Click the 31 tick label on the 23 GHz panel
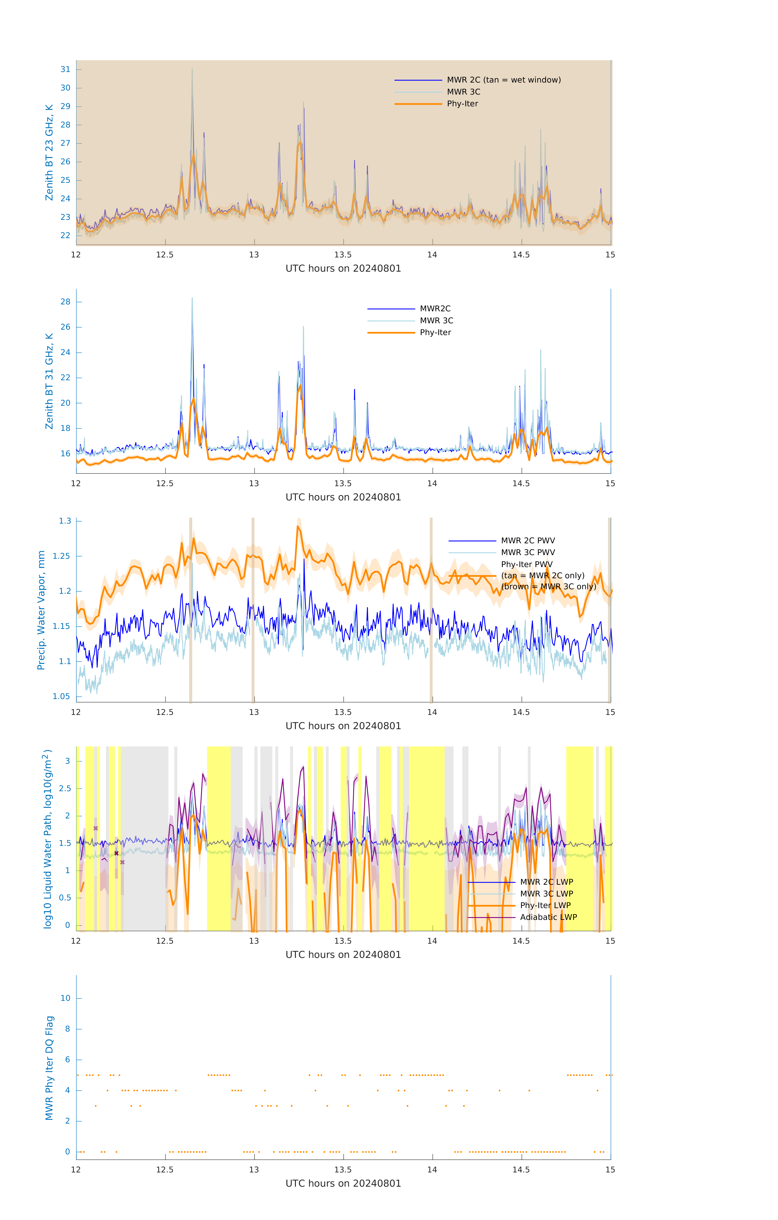[65, 69]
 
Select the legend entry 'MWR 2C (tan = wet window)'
[503, 80]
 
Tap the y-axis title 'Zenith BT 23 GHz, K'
[49, 152]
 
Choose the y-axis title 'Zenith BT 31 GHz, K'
[49, 381]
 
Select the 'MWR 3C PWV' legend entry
[528, 552]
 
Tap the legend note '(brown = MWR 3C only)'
[548, 587]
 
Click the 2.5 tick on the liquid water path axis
[64, 788]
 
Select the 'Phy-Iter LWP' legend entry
[545, 905]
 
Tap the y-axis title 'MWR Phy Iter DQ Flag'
[49, 1068]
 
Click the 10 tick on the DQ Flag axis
[65, 998]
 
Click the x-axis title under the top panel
[343, 269]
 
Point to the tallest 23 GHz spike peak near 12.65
[192, 69]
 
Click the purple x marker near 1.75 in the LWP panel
[96, 828]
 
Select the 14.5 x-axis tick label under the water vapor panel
[521, 712]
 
